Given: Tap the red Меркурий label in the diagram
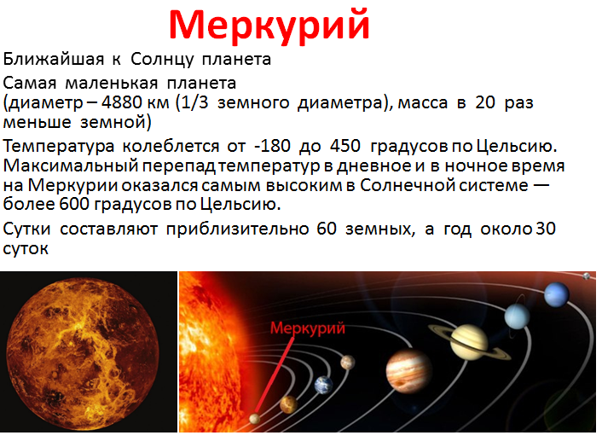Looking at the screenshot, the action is (308, 328).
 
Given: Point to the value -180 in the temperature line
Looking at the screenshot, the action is (272, 146).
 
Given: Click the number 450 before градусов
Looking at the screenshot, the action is (345, 146).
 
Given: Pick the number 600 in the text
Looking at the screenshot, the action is (74, 204).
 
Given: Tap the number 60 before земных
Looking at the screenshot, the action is (327, 229).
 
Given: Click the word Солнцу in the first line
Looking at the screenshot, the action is (162, 60).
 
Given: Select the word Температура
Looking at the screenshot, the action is (59, 147).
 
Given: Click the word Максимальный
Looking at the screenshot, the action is (71, 165).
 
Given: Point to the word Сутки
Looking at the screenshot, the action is (26, 229).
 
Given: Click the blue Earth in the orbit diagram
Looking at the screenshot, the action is (323, 386).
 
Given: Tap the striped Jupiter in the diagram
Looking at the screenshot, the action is (408, 372).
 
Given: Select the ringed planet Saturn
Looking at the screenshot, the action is (469, 342).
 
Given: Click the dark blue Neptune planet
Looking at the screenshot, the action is (556, 294).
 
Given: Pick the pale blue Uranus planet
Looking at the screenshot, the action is (517, 316).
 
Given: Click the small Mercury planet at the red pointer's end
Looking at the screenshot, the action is (254, 418).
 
